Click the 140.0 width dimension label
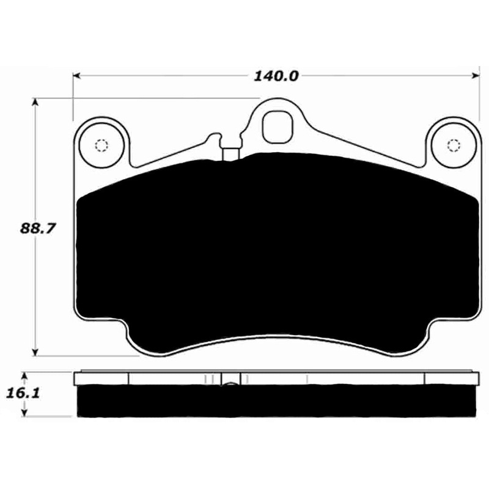tap(275, 76)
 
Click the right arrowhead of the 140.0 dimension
tap(474, 76)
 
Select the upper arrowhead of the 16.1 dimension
tap(24, 375)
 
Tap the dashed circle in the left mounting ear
tap(101, 145)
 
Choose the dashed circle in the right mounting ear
tap(453, 145)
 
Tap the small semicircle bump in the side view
tap(231, 384)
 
